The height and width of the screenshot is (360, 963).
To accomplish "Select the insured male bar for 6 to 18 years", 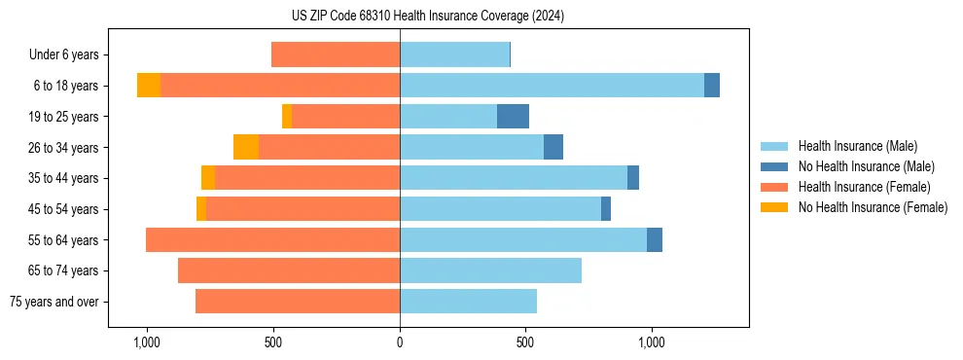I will pyautogui.click(x=552, y=86).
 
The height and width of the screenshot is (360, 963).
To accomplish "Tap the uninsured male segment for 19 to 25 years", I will pyautogui.click(x=513, y=117).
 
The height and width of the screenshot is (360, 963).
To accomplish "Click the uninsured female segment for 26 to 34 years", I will pyautogui.click(x=246, y=147).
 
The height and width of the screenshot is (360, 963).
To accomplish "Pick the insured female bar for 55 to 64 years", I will pyautogui.click(x=272, y=239).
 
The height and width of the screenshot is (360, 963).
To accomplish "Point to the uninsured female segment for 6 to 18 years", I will pyautogui.click(x=149, y=86).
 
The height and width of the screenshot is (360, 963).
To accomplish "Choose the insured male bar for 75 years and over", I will pyautogui.click(x=468, y=302).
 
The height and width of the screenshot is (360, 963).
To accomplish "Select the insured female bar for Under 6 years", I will pyautogui.click(x=336, y=54).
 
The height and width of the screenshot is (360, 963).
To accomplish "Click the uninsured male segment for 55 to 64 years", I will pyautogui.click(x=655, y=239).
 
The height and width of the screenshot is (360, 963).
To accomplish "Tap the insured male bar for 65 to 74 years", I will pyautogui.click(x=490, y=270).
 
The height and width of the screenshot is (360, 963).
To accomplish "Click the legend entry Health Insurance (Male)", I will pyautogui.click(x=857, y=146).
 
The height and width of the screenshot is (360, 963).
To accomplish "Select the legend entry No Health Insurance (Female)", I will pyautogui.click(x=873, y=207).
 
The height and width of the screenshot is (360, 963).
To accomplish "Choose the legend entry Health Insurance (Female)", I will pyautogui.click(x=864, y=187).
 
